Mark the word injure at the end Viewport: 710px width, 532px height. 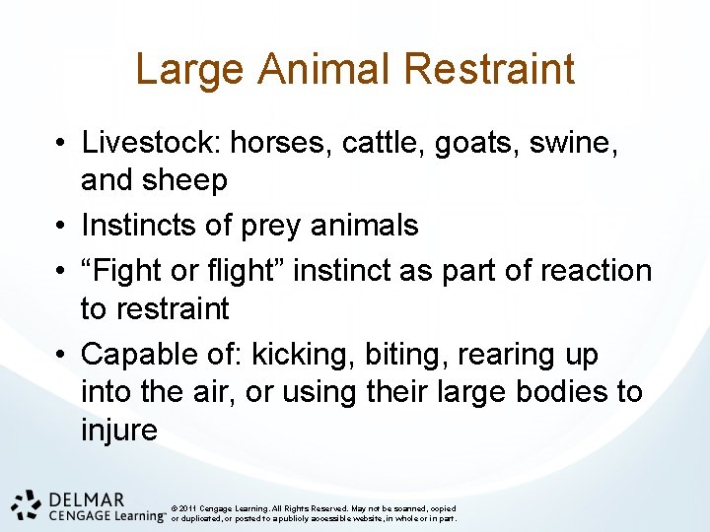(x=118, y=430)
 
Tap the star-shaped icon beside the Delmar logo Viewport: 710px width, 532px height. (x=27, y=503)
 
